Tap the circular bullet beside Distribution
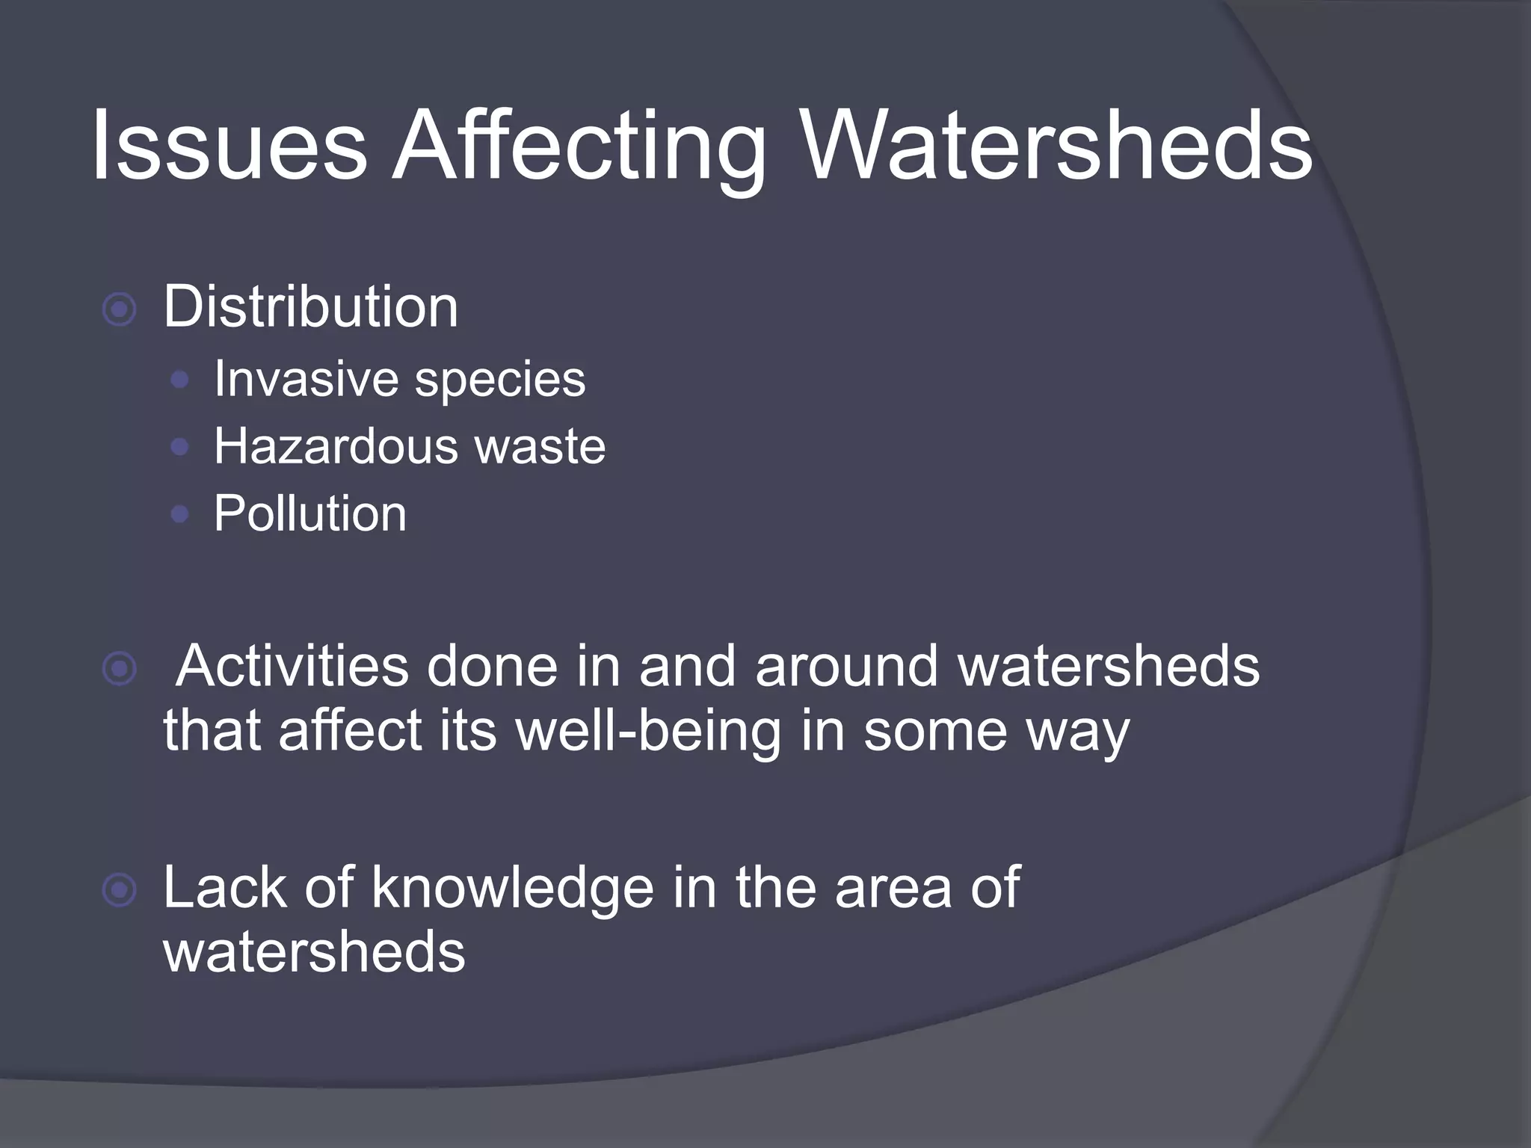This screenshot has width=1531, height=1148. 120,309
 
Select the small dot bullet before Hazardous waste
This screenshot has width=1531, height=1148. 179,447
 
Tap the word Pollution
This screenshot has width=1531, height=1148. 310,513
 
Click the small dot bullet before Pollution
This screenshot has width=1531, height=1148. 179,514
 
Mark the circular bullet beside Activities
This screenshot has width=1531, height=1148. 120,669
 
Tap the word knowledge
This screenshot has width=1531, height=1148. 513,888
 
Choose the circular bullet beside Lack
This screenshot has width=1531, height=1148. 120,891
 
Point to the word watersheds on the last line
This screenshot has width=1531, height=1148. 314,952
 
